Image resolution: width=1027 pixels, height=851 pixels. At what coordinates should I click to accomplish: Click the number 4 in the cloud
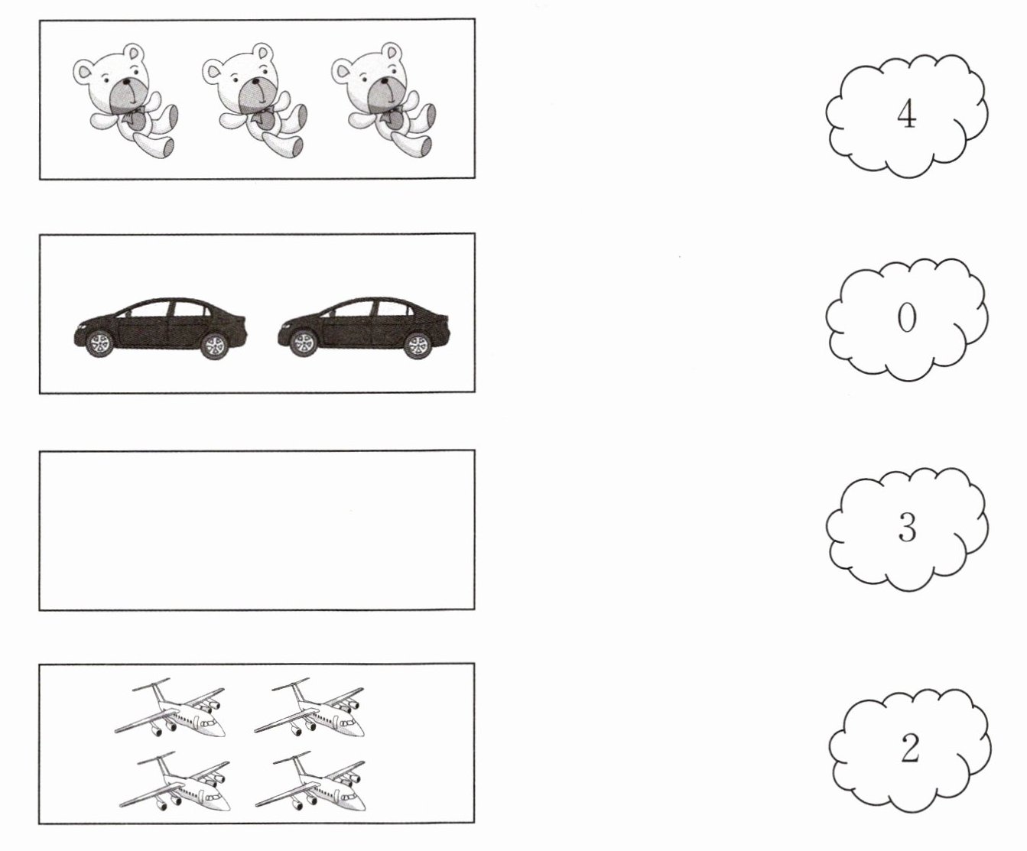pyautogui.click(x=906, y=115)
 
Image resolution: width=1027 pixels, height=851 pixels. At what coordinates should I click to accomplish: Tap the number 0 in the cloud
pyautogui.click(x=906, y=318)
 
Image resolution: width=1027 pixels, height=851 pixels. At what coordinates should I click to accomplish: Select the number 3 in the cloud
pyautogui.click(x=908, y=528)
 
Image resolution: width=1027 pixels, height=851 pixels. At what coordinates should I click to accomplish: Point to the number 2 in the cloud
pyautogui.click(x=909, y=749)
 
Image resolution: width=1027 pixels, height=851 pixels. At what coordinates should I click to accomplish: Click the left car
pyautogui.click(x=161, y=327)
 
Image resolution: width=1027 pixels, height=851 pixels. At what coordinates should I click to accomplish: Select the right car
pyautogui.click(x=364, y=327)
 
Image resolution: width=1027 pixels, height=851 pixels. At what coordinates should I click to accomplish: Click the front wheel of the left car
pyautogui.click(x=100, y=343)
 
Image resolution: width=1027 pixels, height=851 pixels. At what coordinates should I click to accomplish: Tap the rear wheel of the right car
pyautogui.click(x=418, y=345)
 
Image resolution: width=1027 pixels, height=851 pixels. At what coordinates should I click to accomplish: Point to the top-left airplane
pyautogui.click(x=171, y=706)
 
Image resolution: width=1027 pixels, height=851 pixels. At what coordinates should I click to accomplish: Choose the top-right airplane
pyautogui.click(x=310, y=706)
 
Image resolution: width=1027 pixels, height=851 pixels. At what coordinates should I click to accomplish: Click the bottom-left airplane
pyautogui.click(x=174, y=781)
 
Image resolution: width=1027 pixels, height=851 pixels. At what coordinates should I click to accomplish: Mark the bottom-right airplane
pyautogui.click(x=310, y=781)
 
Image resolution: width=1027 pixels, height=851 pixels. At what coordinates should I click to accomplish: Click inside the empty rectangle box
pyautogui.click(x=257, y=530)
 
